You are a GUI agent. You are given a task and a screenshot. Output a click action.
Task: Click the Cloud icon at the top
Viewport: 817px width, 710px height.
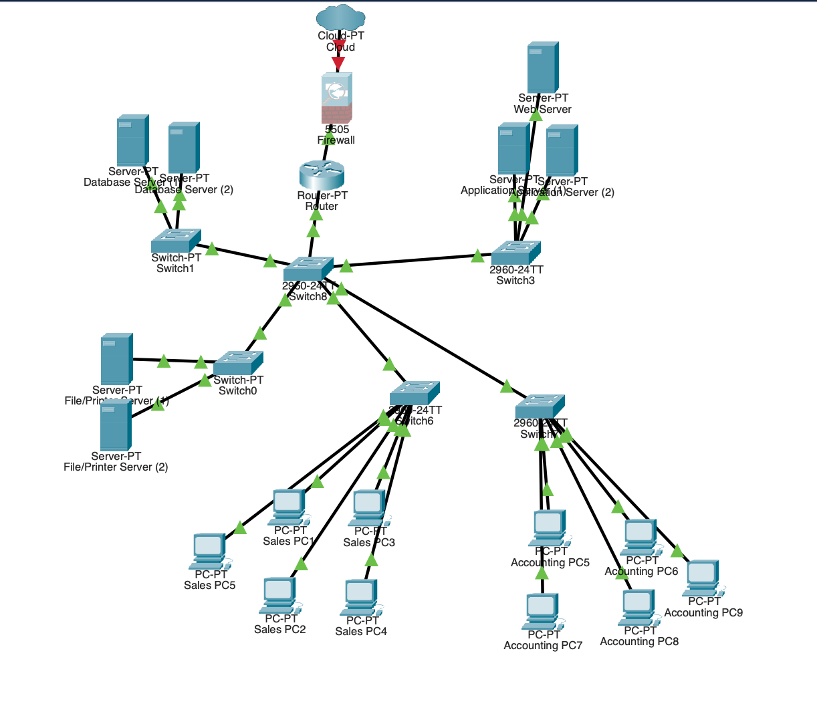click(x=340, y=17)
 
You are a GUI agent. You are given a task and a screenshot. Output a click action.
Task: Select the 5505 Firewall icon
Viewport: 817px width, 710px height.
click(x=336, y=98)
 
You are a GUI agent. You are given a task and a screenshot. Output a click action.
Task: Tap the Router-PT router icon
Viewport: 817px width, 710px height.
click(x=322, y=174)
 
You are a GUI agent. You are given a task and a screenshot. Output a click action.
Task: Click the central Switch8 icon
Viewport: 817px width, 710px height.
click(x=308, y=269)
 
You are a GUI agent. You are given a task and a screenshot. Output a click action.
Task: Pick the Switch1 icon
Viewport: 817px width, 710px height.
click(x=176, y=241)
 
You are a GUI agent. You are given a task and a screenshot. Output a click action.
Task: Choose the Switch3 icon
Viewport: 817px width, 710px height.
click(x=515, y=253)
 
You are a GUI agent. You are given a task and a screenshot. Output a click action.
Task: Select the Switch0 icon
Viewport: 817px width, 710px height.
click(x=238, y=362)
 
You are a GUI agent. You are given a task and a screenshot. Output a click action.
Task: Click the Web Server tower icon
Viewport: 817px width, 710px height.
click(x=542, y=68)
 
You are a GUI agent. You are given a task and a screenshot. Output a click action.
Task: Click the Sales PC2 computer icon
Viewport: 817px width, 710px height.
click(x=279, y=595)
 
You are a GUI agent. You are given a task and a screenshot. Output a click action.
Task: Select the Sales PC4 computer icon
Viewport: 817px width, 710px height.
click(x=360, y=597)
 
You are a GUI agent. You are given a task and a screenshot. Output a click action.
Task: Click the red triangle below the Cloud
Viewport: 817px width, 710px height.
click(x=339, y=63)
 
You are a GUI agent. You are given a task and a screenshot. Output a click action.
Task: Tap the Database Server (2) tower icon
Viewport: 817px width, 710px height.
click(x=184, y=148)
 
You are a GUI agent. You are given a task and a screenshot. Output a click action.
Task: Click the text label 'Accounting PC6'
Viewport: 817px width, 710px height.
click(x=641, y=572)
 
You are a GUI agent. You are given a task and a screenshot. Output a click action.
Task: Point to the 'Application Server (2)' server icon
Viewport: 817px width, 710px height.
click(x=562, y=150)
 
